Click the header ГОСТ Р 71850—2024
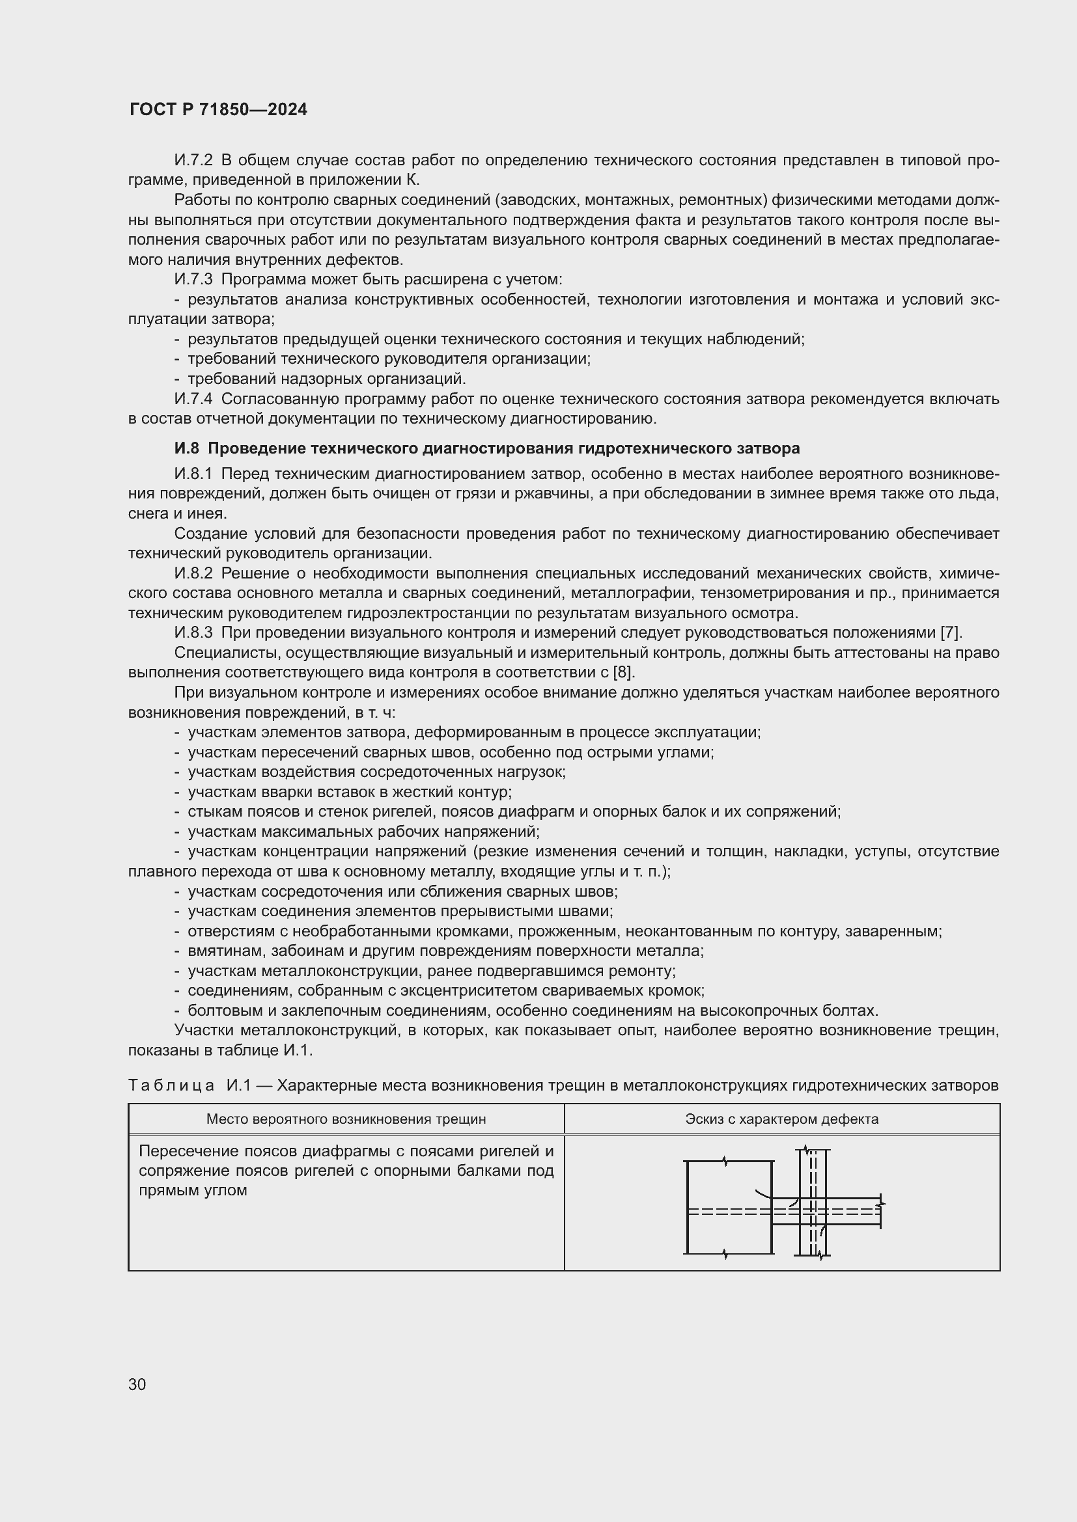pyautogui.click(x=218, y=110)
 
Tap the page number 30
pyautogui.click(x=137, y=1384)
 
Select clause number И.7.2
pyautogui.click(x=193, y=161)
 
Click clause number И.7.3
pyautogui.click(x=193, y=280)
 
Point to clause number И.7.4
pyautogui.click(x=193, y=399)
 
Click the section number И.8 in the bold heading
pyautogui.click(x=186, y=449)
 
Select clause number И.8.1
pyautogui.click(x=193, y=474)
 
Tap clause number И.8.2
pyautogui.click(x=193, y=573)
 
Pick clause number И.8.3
pyautogui.click(x=193, y=633)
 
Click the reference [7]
pyautogui.click(x=951, y=633)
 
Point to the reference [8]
pyautogui.click(x=622, y=672)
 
